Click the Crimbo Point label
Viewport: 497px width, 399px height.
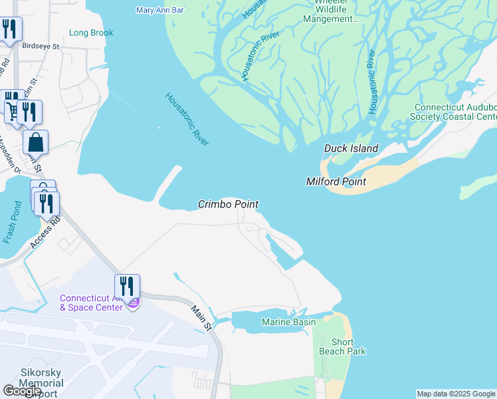point(228,204)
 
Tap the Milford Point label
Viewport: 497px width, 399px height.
point(336,182)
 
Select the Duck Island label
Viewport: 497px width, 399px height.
point(351,148)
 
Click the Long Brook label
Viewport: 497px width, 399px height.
point(91,33)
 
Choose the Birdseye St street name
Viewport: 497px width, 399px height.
point(41,47)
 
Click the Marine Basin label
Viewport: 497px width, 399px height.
point(288,323)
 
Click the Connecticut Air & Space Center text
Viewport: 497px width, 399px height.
point(91,302)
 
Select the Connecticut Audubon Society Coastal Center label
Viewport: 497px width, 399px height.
point(455,112)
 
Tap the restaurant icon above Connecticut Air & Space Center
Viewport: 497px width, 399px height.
point(127,287)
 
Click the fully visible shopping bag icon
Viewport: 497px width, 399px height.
point(35,142)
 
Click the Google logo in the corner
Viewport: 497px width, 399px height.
point(22,390)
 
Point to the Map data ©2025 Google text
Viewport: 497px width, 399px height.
point(455,394)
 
